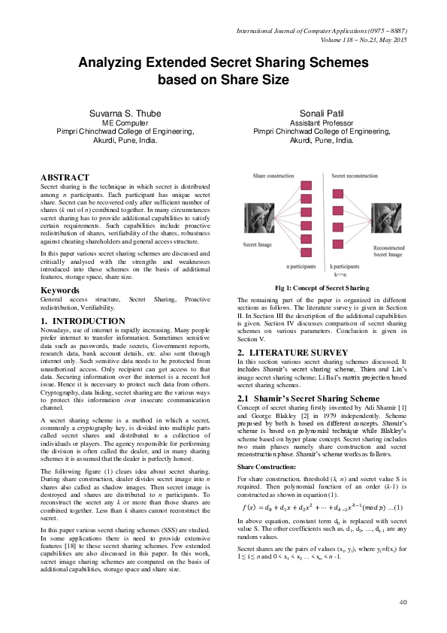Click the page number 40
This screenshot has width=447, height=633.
tap(403, 601)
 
